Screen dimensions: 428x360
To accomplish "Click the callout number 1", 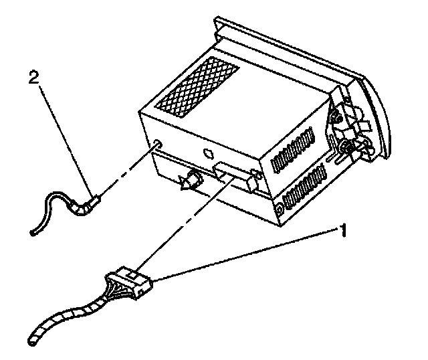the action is [342, 232].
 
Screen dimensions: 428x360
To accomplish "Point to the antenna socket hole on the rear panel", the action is [156, 143].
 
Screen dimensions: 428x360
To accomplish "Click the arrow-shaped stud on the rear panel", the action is [190, 180].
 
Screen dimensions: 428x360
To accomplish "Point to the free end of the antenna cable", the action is [33, 232].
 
